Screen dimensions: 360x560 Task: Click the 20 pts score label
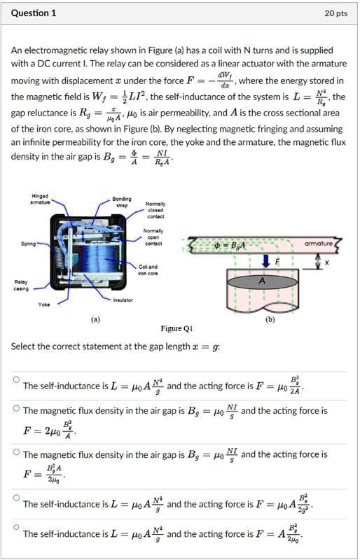tap(336, 13)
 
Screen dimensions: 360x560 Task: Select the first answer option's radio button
tap(15, 379)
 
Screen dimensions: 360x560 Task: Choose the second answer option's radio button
tap(15, 408)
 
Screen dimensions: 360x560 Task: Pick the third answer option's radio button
tap(15, 451)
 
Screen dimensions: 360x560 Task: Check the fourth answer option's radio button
tap(15, 498)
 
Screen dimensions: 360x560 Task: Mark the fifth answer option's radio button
tap(15, 527)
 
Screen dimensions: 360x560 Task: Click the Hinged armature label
tap(39, 199)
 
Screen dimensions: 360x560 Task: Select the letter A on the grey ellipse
tap(262, 280)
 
